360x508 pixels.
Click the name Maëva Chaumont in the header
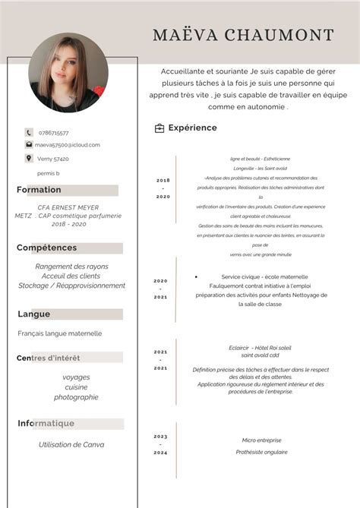click(x=243, y=35)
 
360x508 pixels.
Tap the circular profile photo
click(x=68, y=73)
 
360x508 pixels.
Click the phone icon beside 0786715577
click(x=29, y=132)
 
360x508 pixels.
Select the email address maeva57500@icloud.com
click(x=68, y=144)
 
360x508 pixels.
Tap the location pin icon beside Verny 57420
click(x=29, y=158)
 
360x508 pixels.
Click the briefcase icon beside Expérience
click(x=159, y=128)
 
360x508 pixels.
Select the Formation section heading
click(x=39, y=190)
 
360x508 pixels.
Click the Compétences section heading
click(x=47, y=248)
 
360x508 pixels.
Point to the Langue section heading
click(x=34, y=314)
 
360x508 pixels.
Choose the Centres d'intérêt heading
click(x=48, y=358)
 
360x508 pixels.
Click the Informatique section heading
click(x=46, y=423)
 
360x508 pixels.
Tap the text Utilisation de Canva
click(x=71, y=444)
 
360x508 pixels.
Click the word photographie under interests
click(x=76, y=397)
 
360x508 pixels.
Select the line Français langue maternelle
click(x=60, y=333)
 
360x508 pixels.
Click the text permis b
click(x=48, y=173)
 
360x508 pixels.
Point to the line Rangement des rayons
click(x=71, y=267)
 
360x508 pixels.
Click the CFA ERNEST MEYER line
click(x=68, y=207)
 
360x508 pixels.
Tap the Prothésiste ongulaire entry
click(x=261, y=452)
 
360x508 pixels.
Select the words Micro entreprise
click(x=261, y=440)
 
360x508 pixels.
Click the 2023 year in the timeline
click(x=161, y=437)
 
